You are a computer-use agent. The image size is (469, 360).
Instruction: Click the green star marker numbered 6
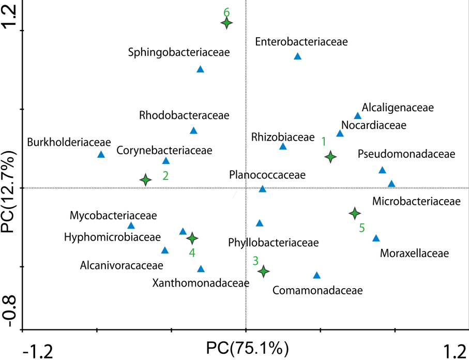pos(226,23)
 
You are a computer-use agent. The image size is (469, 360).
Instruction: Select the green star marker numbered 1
pos(330,157)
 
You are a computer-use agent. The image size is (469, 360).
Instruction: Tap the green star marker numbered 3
pos(264,271)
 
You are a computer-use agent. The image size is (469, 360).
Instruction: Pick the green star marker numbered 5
pos(355,213)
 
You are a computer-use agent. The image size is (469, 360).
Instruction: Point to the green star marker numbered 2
pos(146,179)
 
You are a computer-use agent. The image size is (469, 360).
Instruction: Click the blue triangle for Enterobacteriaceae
pos(297,57)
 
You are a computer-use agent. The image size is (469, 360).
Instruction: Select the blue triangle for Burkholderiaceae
pos(101,155)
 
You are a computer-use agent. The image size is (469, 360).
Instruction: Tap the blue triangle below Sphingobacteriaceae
pos(201,69)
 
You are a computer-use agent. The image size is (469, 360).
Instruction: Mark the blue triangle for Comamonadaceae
pos(317,276)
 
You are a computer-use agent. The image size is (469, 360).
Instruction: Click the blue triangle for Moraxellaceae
pos(376,238)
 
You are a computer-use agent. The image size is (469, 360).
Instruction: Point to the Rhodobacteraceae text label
pos(184,115)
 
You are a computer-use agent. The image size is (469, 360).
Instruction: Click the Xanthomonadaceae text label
pos(201,283)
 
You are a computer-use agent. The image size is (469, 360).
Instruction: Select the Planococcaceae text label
pos(267,175)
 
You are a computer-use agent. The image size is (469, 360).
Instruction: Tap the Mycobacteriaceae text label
pos(113,215)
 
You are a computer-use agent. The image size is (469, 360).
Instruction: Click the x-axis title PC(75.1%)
pos(247,347)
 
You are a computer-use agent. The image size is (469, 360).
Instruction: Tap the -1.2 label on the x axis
pos(37,351)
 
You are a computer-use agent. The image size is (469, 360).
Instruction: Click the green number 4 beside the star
pos(192,253)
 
